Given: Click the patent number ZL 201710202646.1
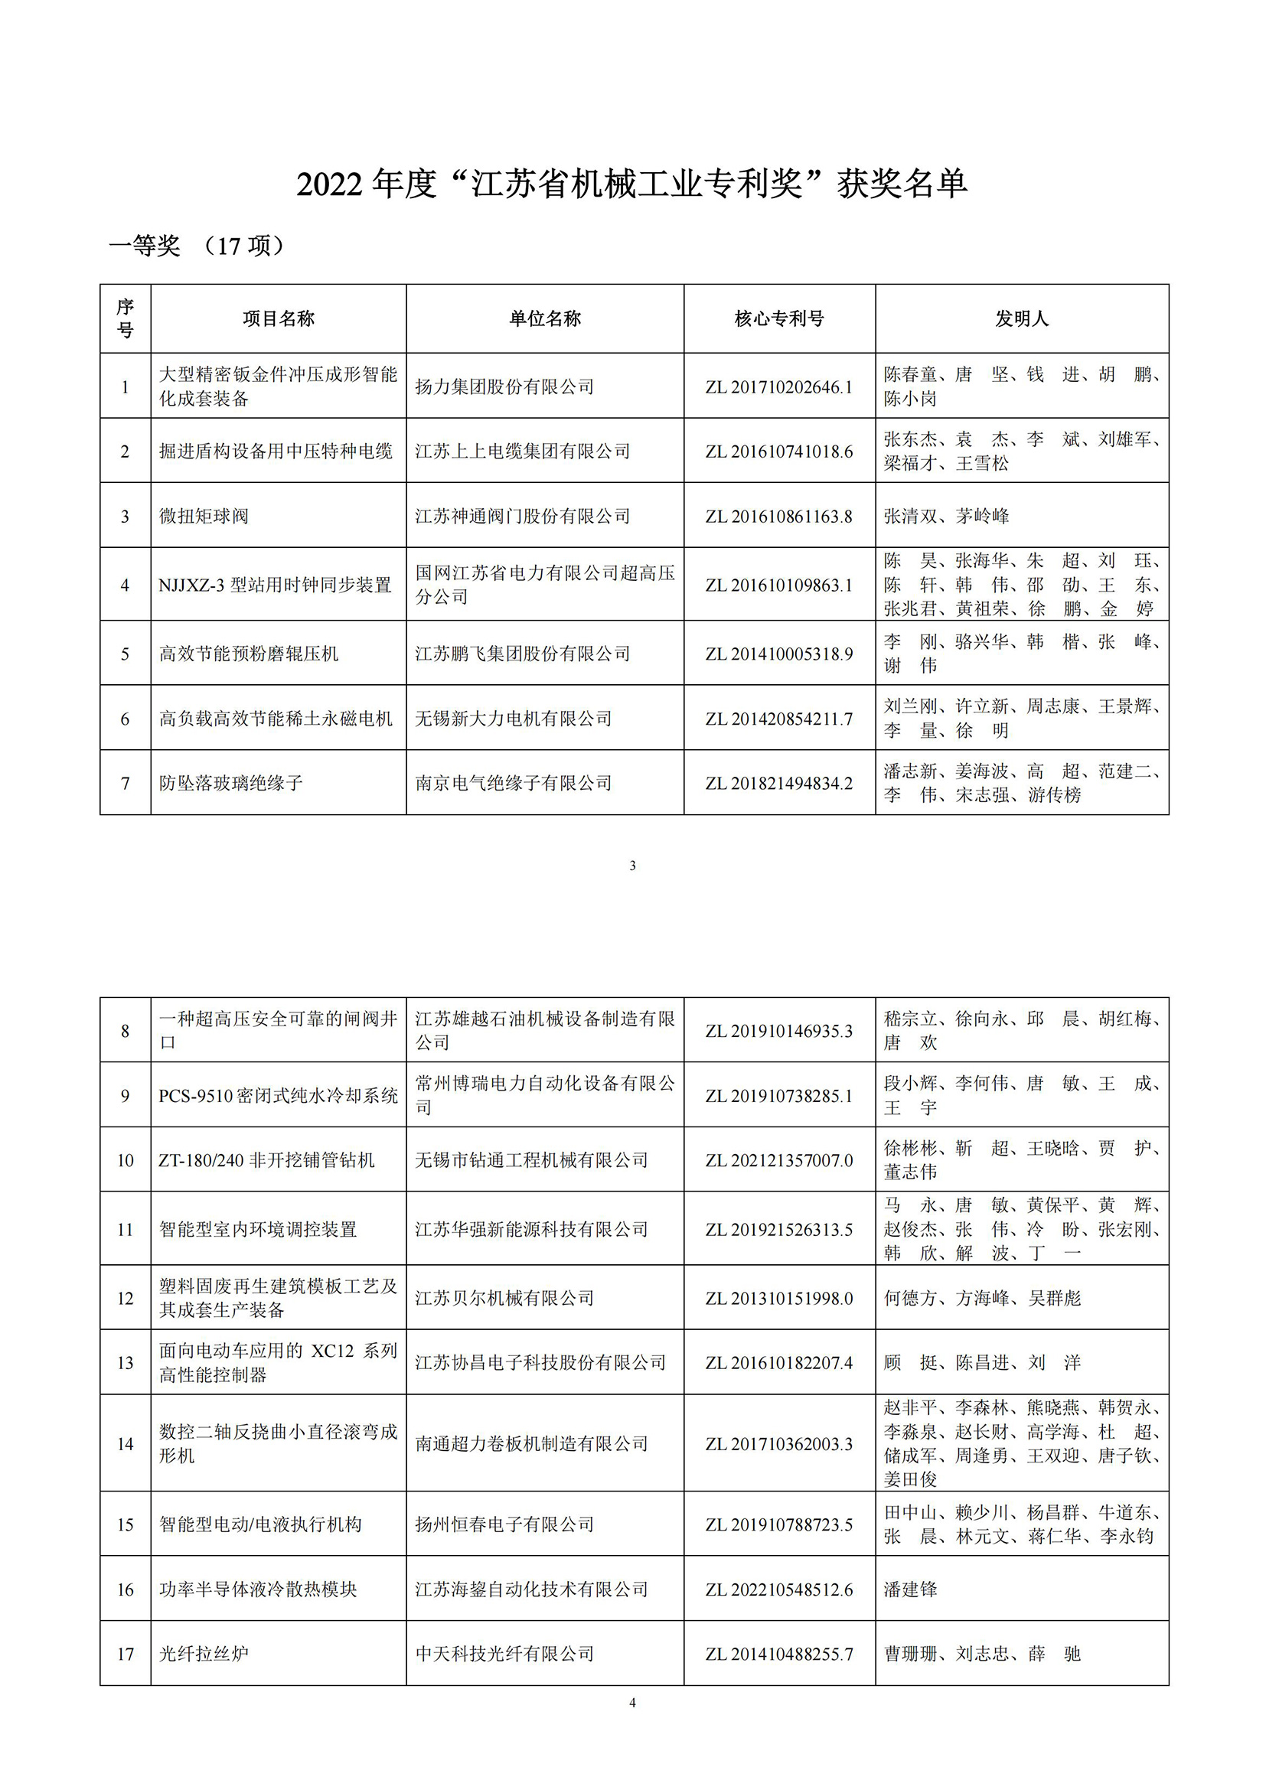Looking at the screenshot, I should pos(778,386).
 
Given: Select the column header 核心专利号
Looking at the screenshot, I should pos(778,318).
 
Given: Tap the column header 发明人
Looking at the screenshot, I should pos(1021,318).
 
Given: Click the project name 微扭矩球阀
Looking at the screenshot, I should pos(204,516).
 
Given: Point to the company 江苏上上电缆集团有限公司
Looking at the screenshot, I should pos(522,452).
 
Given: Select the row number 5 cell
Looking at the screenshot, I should pos(125,654).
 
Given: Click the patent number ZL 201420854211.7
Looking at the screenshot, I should pos(778,719).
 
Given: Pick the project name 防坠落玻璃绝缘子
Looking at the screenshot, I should pos(230,783).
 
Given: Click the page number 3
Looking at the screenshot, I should pos(632,866).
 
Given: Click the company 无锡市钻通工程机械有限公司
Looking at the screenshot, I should pos(531,1160).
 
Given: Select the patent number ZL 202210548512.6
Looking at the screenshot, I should pos(778,1589).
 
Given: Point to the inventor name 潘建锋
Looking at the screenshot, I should pos(911,1589).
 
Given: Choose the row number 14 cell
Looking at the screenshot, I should pos(125,1444).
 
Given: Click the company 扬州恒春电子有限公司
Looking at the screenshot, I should pos(504,1524).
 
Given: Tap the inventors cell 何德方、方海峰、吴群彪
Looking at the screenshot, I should pos(982,1298).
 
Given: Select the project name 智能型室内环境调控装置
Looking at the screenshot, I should pos(258,1230).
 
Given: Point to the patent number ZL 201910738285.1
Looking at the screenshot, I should pos(778,1095).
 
